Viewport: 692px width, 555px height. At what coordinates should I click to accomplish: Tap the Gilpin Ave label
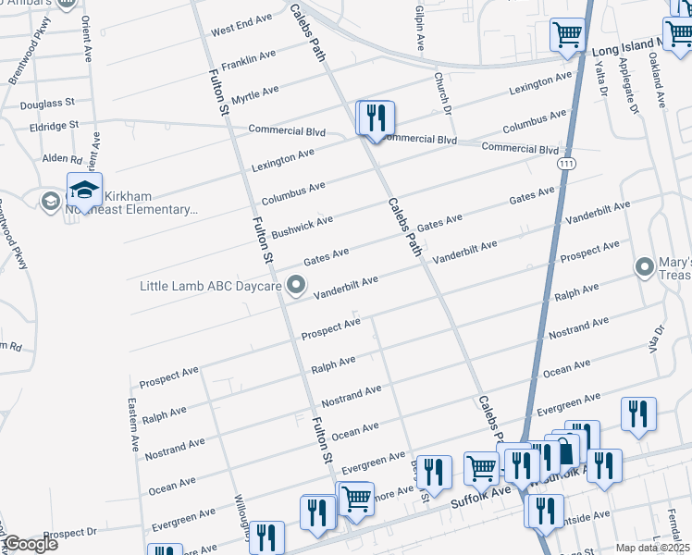pyautogui.click(x=420, y=26)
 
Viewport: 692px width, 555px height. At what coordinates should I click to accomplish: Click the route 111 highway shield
pyautogui.click(x=564, y=163)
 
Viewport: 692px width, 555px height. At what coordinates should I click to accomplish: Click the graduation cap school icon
pyautogui.click(x=85, y=191)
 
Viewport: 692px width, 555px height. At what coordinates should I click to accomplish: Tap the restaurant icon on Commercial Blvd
pyautogui.click(x=376, y=118)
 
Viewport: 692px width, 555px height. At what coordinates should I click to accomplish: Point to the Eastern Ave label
pyautogui.click(x=134, y=425)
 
